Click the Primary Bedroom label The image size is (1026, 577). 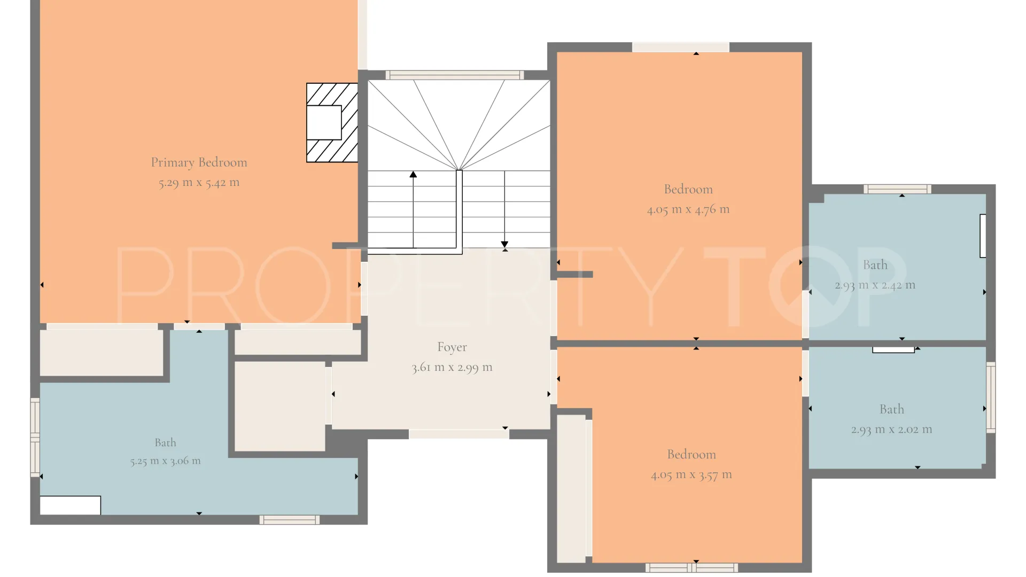pyautogui.click(x=199, y=162)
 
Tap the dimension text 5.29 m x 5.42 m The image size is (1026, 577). pyautogui.click(x=199, y=183)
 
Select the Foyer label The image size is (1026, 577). pyautogui.click(x=452, y=347)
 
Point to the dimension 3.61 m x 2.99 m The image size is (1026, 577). pyautogui.click(x=452, y=368)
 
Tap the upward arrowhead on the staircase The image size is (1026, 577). pyautogui.click(x=413, y=174)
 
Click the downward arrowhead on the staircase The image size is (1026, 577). pyautogui.click(x=504, y=244)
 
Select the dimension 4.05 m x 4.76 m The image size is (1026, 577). pyautogui.click(x=688, y=209)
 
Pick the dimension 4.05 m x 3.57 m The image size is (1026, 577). pyautogui.click(x=691, y=475)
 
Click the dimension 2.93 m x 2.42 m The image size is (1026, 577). pyautogui.click(x=875, y=285)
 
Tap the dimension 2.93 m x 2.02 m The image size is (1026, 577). pyautogui.click(x=892, y=430)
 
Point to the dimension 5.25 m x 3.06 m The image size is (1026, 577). pyautogui.click(x=166, y=461)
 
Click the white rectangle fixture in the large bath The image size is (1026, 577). pyautogui.click(x=71, y=505)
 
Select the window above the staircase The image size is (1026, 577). pyautogui.click(x=454, y=75)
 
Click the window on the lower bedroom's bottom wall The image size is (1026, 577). pyautogui.click(x=692, y=568)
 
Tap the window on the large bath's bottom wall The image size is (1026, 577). pyautogui.click(x=290, y=520)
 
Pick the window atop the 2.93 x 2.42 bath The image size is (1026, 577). pyautogui.click(x=898, y=189)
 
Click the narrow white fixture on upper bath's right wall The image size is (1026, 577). pyautogui.click(x=983, y=236)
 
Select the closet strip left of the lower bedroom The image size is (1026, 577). pyautogui.click(x=572, y=489)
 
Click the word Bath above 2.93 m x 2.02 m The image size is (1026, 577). pyautogui.click(x=892, y=409)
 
